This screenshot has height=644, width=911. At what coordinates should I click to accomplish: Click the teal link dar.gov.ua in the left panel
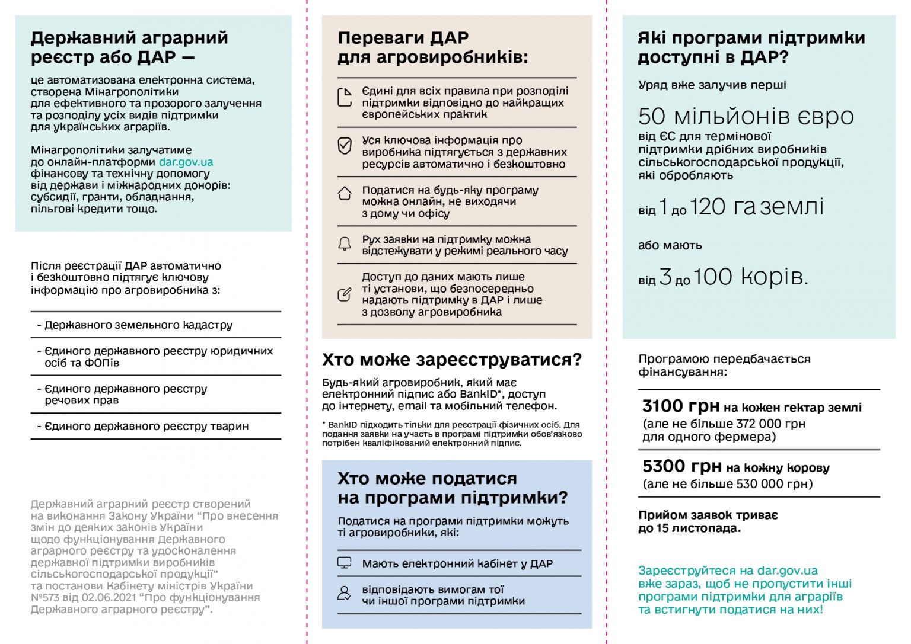[x=186, y=162]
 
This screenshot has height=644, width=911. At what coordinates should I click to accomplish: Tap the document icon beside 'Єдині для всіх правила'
[x=345, y=97]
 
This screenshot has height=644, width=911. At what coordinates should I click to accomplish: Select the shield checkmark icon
[x=345, y=146]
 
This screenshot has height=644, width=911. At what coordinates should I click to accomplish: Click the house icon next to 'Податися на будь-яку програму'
[x=345, y=194]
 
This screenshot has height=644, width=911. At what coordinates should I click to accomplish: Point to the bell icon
[x=345, y=243]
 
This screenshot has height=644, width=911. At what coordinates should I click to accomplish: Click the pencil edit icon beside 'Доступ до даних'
[x=345, y=294]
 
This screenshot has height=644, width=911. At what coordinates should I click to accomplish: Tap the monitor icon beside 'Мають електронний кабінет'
[x=345, y=563]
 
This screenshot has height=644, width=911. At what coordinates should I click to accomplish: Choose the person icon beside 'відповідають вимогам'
[x=345, y=593]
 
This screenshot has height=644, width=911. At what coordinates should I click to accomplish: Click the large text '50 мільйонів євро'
[x=746, y=116]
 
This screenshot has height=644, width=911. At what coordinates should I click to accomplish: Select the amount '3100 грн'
[x=681, y=406]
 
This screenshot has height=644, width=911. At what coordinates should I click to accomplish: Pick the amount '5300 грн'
[x=681, y=466]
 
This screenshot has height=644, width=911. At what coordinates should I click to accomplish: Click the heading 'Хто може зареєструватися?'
[x=452, y=360]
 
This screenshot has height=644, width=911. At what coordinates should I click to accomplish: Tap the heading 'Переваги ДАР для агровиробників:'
[x=432, y=47]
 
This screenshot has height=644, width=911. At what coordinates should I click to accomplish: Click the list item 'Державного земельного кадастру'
[x=138, y=325]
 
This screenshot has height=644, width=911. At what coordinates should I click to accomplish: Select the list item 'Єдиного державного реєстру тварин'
[x=146, y=426]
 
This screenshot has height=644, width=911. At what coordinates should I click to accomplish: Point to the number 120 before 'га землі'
[x=708, y=207]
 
